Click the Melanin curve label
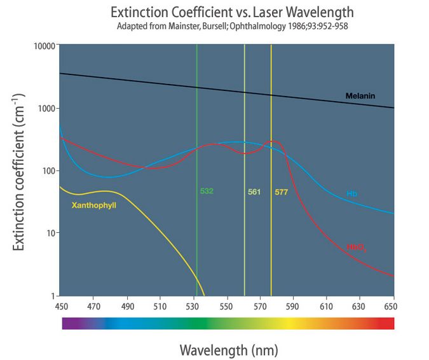click(x=360, y=96)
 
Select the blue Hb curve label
click(x=351, y=193)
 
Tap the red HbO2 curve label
click(x=355, y=246)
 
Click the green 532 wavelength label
click(x=207, y=191)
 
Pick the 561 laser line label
click(x=254, y=191)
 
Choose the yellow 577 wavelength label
click(x=282, y=191)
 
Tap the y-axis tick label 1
click(x=53, y=296)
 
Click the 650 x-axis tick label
click(x=394, y=307)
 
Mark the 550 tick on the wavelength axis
click(x=227, y=307)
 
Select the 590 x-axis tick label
click(x=294, y=307)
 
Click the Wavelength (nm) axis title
click(x=229, y=349)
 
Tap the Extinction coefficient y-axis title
click(x=20, y=171)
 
